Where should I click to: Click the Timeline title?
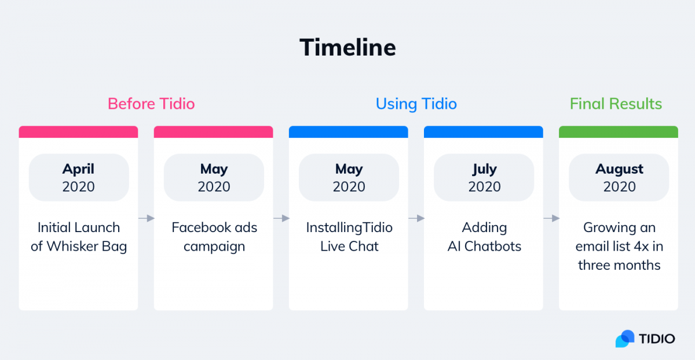[348, 47]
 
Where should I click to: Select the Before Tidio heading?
[151, 104]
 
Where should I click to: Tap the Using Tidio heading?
[416, 104]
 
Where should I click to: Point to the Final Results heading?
[616, 104]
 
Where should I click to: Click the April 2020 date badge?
[79, 178]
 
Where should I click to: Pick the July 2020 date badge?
[484, 178]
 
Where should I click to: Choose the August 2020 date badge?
[619, 178]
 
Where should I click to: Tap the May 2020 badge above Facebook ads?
[214, 178]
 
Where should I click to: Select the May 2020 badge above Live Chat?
[349, 178]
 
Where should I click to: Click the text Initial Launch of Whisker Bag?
[79, 237]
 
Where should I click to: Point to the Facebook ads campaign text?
[214, 237]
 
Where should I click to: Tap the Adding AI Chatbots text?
[484, 237]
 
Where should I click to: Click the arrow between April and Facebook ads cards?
[146, 218]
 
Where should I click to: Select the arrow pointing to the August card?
[551, 218]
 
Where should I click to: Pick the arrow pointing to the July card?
[416, 218]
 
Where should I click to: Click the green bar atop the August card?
[619, 132]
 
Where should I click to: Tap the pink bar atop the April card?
[79, 132]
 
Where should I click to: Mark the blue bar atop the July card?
[484, 132]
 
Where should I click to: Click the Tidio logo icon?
[625, 339]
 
